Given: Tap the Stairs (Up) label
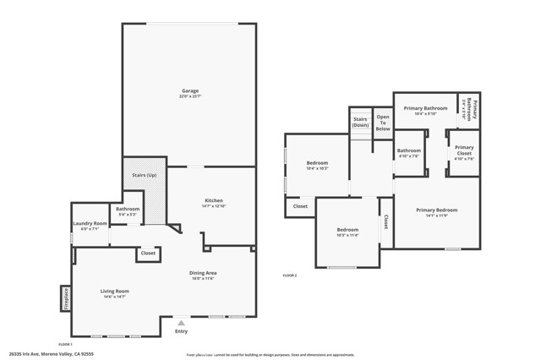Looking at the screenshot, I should click(145, 175).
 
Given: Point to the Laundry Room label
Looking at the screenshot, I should click(89, 223).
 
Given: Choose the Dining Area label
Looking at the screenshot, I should click(203, 272).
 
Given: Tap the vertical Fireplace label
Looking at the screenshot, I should click(65, 298).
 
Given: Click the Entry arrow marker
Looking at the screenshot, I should click(181, 322).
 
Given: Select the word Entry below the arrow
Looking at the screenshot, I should click(181, 331).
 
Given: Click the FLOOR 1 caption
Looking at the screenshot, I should click(65, 345).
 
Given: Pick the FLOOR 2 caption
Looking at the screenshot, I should click(290, 275).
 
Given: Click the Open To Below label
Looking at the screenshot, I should click(383, 123).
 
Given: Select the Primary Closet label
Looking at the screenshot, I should click(464, 150).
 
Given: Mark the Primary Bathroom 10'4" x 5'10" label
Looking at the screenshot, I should click(424, 111).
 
